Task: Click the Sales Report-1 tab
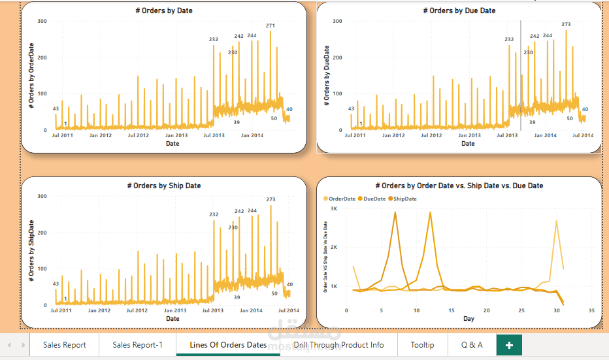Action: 137,345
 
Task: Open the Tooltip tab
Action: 422,345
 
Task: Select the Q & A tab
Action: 472,345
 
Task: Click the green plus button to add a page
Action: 509,345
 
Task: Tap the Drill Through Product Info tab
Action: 338,345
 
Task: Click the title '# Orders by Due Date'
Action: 459,10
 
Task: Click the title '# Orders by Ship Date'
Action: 163,186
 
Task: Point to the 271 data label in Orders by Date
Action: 271,26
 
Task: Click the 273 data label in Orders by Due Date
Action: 566,25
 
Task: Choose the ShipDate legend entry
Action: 404,199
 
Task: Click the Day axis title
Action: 469,319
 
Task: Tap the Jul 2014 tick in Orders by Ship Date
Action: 288,310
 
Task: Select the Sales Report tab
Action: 64,345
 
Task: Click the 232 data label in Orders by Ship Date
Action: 214,214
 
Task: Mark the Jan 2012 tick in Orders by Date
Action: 101,135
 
